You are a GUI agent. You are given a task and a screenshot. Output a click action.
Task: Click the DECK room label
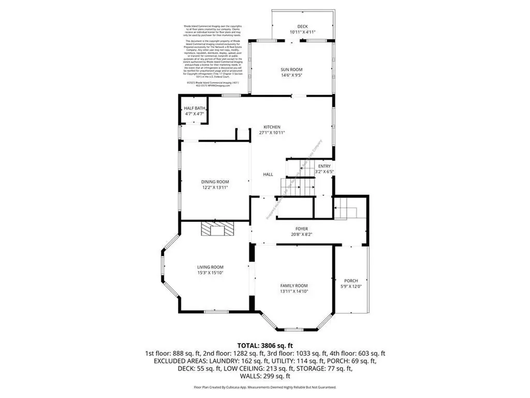[302, 26]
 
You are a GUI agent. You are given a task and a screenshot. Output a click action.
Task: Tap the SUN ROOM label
[291, 69]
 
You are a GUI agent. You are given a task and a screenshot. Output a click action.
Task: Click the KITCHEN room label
[272, 127]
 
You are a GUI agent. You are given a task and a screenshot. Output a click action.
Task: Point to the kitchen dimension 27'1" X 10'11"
[272, 133]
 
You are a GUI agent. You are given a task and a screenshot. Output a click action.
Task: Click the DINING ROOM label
[215, 181]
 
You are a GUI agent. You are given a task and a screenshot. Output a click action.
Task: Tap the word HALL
[268, 175]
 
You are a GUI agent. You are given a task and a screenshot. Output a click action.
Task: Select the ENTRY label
[325, 166]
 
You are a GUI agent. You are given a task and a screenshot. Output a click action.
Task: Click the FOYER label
[302, 229]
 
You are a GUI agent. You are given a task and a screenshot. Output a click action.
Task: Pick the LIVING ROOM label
[210, 267]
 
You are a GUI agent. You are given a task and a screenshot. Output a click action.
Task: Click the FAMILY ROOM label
[294, 286]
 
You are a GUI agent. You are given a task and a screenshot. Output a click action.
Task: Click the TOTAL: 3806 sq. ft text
[265, 345]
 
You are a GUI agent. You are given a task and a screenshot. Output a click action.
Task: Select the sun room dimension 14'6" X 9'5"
[291, 75]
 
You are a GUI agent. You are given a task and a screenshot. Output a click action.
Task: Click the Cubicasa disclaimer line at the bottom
[265, 387]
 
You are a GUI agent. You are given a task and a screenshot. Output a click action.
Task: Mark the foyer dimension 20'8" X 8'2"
[302, 234]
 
